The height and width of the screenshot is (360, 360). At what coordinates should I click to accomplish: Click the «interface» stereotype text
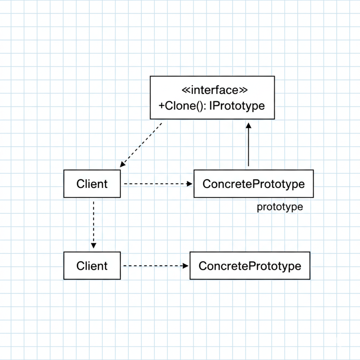(x=214, y=90)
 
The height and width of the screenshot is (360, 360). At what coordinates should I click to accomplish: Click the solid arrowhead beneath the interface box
(x=248, y=126)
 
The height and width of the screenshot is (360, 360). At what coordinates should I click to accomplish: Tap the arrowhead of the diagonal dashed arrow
(x=122, y=165)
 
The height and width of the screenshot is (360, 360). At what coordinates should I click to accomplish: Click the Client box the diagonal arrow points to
(x=92, y=184)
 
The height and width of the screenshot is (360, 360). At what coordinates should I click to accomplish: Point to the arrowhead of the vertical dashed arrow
(x=93, y=245)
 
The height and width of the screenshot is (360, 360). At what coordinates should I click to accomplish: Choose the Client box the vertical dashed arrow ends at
(x=92, y=265)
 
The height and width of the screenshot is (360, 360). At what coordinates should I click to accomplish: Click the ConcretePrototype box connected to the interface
(x=253, y=184)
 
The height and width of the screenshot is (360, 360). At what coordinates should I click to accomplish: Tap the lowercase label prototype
(x=279, y=207)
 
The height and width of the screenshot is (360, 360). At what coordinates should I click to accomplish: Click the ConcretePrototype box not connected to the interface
(x=250, y=265)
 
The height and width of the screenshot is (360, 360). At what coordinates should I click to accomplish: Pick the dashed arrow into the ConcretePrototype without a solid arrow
(x=155, y=266)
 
